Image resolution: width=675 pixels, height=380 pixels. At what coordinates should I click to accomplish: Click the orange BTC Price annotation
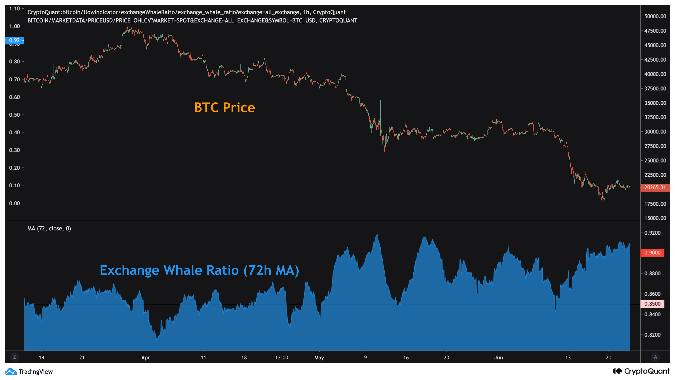click(224, 108)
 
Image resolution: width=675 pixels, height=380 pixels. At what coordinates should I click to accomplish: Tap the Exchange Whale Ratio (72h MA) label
click(199, 270)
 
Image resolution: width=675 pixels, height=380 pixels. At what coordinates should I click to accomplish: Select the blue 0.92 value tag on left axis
click(14, 40)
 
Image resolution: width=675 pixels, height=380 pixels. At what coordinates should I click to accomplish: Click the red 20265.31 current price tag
click(655, 188)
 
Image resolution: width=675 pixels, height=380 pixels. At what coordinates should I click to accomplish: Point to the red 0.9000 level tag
click(652, 253)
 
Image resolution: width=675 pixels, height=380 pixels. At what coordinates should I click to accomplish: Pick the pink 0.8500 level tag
click(652, 304)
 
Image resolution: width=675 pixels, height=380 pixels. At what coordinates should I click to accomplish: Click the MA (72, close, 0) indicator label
click(49, 229)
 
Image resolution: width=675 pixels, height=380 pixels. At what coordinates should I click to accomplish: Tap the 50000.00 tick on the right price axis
click(655, 16)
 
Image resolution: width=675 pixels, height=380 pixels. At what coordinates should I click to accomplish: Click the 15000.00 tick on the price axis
click(655, 218)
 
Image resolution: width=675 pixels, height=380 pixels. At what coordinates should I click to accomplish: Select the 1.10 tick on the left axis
click(14, 9)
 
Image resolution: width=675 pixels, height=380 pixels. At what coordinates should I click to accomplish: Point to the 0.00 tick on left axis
click(14, 203)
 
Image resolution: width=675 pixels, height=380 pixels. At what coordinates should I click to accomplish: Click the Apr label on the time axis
click(145, 358)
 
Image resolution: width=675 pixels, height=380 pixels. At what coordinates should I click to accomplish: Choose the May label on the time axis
click(319, 358)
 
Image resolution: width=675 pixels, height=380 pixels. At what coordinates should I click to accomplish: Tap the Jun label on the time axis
click(498, 358)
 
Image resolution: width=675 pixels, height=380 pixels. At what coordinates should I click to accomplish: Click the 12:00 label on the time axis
click(282, 358)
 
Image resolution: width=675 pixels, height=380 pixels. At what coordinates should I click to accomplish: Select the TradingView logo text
click(35, 372)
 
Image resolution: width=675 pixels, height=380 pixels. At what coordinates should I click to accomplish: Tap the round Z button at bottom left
click(14, 357)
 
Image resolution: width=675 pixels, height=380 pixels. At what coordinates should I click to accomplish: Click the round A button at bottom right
click(655, 357)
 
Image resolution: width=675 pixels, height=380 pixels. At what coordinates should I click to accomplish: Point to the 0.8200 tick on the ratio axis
click(652, 335)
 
